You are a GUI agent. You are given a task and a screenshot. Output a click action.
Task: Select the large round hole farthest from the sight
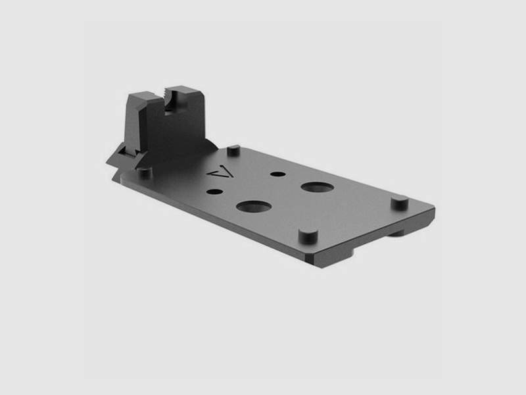coord(317,187)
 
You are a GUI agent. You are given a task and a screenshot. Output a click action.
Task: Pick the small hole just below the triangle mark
coord(214,192)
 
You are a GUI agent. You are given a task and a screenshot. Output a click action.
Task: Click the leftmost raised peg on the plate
coord(145,172)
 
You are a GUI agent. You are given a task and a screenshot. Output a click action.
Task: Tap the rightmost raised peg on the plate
coord(399,202)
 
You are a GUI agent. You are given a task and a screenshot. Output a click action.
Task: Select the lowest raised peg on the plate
coord(306,235)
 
